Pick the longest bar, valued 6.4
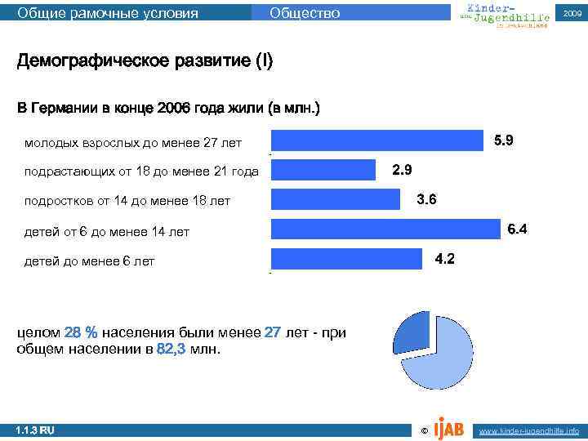[x=384, y=229]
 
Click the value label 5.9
[x=504, y=140]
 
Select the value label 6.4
[x=518, y=229]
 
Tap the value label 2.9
[x=402, y=170]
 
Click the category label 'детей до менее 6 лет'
[x=89, y=261]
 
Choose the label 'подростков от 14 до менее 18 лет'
[x=127, y=201]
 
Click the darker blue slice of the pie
[x=412, y=334]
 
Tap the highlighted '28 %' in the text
[x=81, y=333]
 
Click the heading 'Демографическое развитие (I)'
[x=145, y=62]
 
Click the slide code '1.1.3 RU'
[x=35, y=430]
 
